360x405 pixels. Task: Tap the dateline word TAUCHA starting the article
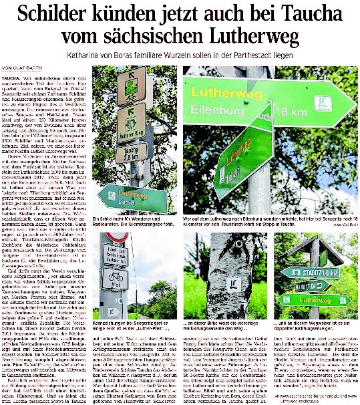(11, 78)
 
